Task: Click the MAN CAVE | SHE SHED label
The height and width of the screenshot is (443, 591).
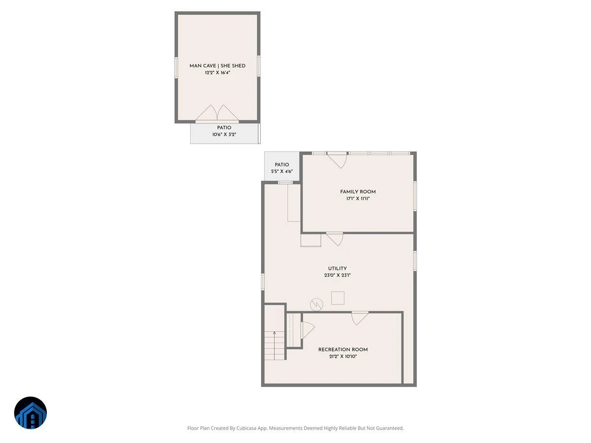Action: coord(217,65)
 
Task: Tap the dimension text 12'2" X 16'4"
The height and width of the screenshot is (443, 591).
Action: coord(217,73)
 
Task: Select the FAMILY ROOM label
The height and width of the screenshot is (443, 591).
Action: coord(358,192)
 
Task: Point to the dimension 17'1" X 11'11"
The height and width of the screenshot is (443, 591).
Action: coord(358,199)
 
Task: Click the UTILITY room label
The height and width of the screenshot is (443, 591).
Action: coord(337,268)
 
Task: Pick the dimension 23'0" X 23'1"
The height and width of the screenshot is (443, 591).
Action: coord(337,275)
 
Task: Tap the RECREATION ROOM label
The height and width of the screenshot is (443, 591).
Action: coord(343,349)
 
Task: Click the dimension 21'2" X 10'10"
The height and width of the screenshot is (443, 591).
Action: coord(343,356)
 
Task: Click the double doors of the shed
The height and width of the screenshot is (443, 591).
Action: coord(217,113)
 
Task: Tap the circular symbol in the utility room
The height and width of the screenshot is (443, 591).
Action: coord(316,305)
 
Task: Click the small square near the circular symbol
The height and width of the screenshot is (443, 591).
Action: coord(338,298)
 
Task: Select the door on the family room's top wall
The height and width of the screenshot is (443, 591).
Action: coord(337,160)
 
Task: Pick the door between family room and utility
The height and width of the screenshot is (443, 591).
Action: coord(335,239)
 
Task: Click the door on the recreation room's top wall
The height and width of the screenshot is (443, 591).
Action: coord(360,318)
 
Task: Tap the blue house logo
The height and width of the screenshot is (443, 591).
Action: coord(31,413)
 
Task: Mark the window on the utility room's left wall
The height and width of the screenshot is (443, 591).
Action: coord(263,282)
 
